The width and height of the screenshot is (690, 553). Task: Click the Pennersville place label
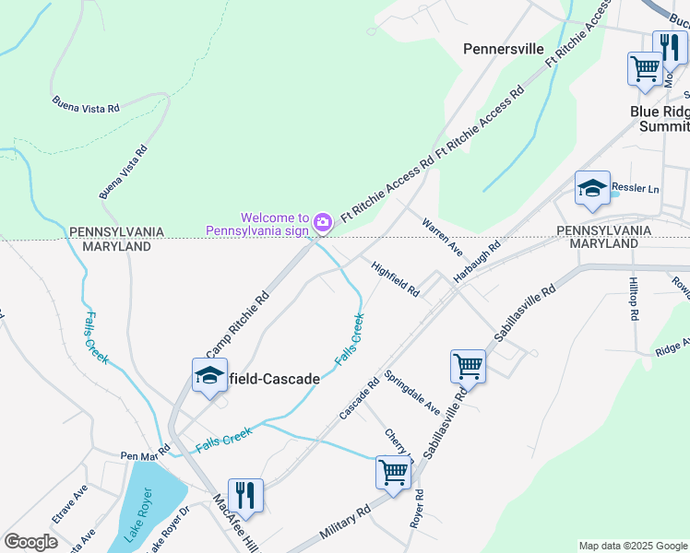[x=503, y=49]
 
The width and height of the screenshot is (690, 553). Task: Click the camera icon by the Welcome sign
[x=322, y=222]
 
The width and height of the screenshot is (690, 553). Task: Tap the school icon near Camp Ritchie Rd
[x=209, y=376]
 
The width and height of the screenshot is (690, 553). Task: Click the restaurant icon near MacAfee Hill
[x=245, y=496]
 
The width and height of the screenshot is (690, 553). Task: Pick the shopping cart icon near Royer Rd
[x=393, y=473]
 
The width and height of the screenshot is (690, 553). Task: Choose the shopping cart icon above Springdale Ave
[x=468, y=366]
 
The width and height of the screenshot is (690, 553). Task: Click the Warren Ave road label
[x=442, y=237]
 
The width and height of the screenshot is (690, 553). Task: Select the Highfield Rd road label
[x=396, y=280]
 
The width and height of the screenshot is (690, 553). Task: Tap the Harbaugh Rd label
[x=476, y=262]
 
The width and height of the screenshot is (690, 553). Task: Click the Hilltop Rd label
[x=634, y=299]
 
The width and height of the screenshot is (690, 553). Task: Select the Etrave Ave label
[x=69, y=504]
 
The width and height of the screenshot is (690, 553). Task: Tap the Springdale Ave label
[x=412, y=392]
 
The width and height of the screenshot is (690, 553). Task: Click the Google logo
[x=30, y=542]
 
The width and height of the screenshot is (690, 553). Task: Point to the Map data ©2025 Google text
[x=632, y=546]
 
